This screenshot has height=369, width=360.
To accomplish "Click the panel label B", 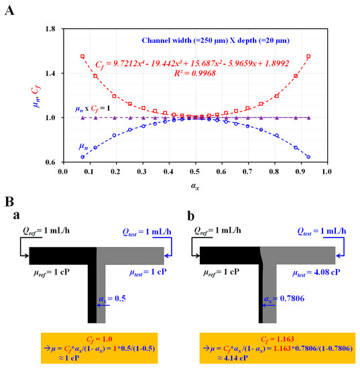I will coord(8,200).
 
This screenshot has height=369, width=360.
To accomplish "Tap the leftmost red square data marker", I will coord(82,56).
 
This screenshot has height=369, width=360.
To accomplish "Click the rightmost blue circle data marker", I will coord(308,157).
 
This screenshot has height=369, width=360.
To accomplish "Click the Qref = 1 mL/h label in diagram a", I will coord(44,230).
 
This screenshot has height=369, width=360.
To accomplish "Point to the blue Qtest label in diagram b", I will coord(320,230).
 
